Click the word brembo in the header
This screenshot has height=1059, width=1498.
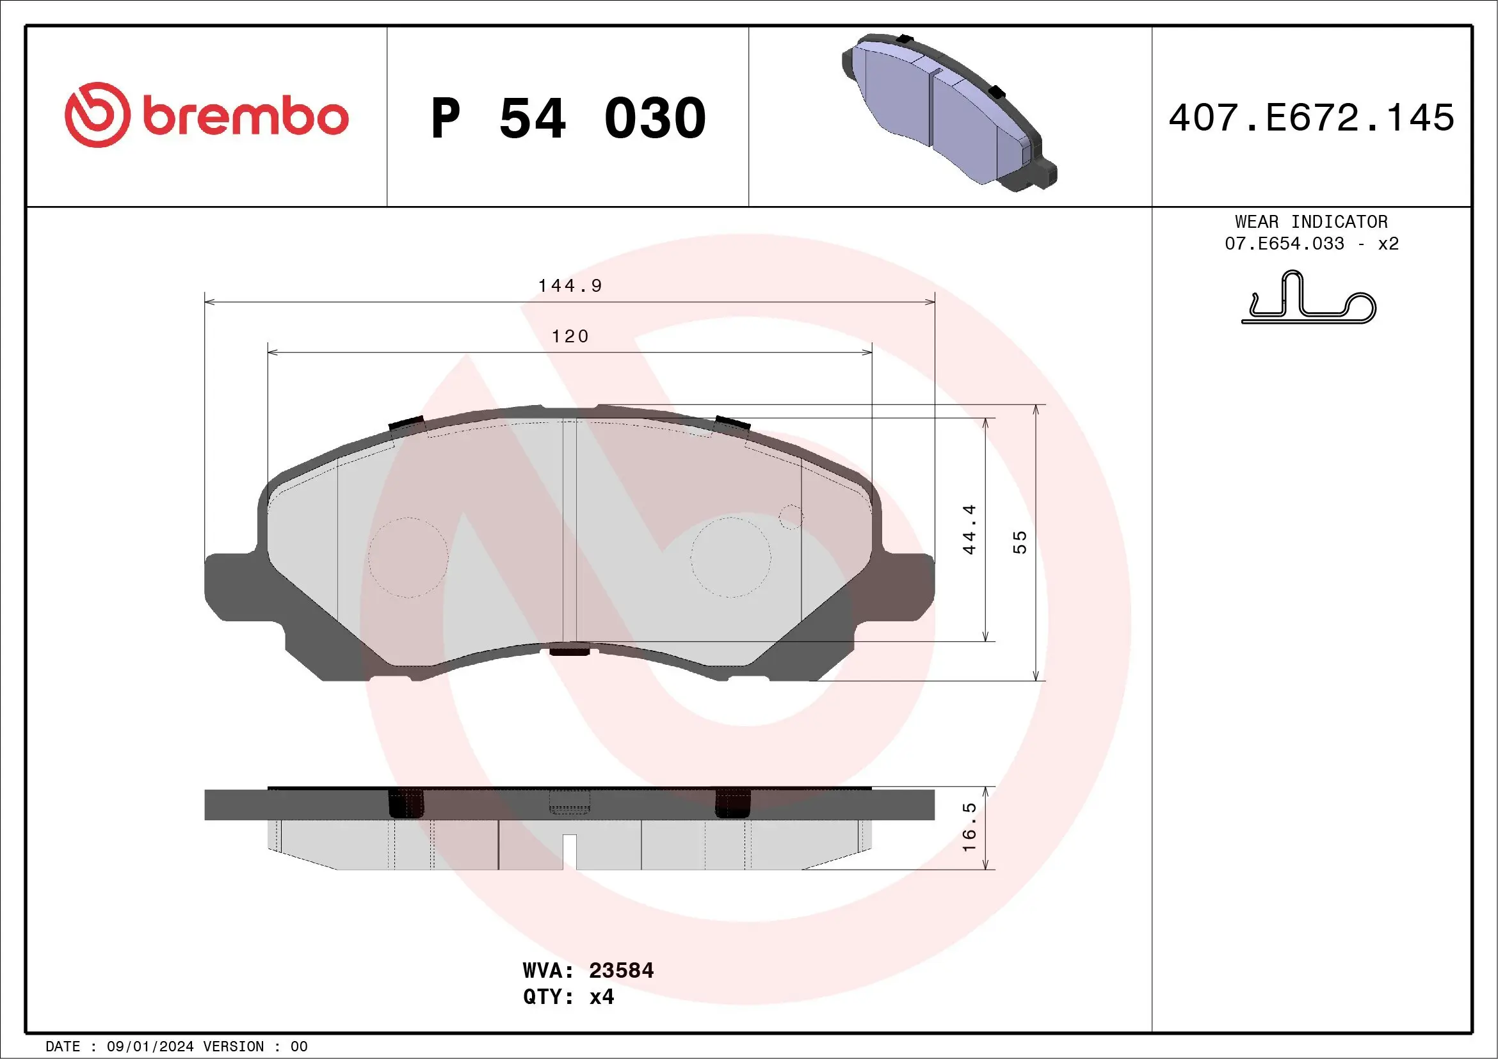pos(245,116)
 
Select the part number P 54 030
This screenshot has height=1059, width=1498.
pos(568,118)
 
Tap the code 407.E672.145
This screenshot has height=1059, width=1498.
pos(1312,118)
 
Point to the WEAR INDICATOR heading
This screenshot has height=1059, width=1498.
pos(1311,221)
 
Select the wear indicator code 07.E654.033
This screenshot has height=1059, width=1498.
pos(1284,244)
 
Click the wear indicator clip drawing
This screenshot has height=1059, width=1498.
pos(1308,299)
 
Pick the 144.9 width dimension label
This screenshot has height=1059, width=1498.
pos(570,285)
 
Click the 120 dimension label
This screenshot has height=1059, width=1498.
pos(570,337)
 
